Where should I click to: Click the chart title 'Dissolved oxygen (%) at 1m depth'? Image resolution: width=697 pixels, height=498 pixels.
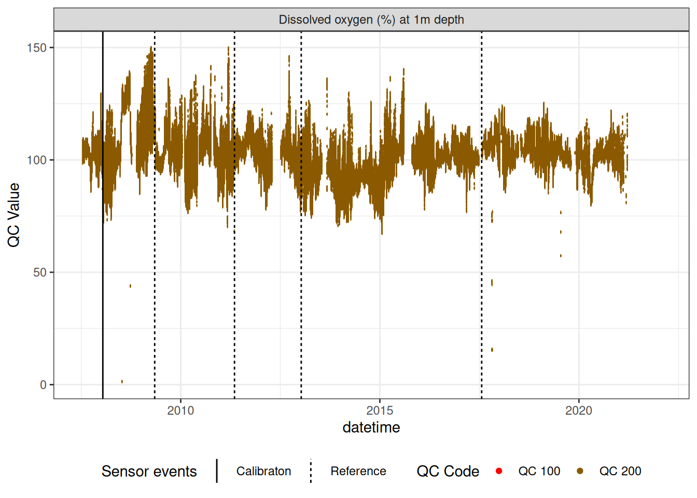371,20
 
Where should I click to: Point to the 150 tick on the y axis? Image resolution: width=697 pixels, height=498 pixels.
36,48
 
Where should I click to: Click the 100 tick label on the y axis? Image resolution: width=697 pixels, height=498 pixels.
36,160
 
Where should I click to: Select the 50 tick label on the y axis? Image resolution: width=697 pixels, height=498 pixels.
39,272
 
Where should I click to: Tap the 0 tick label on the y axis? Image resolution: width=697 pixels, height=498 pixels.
43,385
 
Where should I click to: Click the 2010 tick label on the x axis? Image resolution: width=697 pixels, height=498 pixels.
180,411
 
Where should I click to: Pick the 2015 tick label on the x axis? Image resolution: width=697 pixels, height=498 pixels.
380,411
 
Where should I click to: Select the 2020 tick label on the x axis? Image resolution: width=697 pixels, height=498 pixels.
578,411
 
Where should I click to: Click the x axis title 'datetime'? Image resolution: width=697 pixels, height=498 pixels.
371,427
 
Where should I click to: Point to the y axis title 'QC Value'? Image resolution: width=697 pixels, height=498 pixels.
13,215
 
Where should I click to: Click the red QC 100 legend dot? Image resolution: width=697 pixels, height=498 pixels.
499,471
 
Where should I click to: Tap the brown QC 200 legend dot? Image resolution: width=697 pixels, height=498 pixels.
580,471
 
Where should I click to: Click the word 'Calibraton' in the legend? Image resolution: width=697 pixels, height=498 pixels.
263,471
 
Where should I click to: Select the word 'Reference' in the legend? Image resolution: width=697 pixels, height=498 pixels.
358,471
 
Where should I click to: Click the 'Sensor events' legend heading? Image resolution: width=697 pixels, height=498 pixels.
149,471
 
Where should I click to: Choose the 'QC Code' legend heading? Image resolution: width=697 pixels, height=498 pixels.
448,471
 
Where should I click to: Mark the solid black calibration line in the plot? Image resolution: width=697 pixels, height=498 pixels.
103,311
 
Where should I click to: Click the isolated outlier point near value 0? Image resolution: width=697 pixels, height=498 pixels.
122,382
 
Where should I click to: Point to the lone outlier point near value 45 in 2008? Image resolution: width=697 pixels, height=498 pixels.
130,286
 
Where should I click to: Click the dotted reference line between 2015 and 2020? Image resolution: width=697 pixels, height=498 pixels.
481,311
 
